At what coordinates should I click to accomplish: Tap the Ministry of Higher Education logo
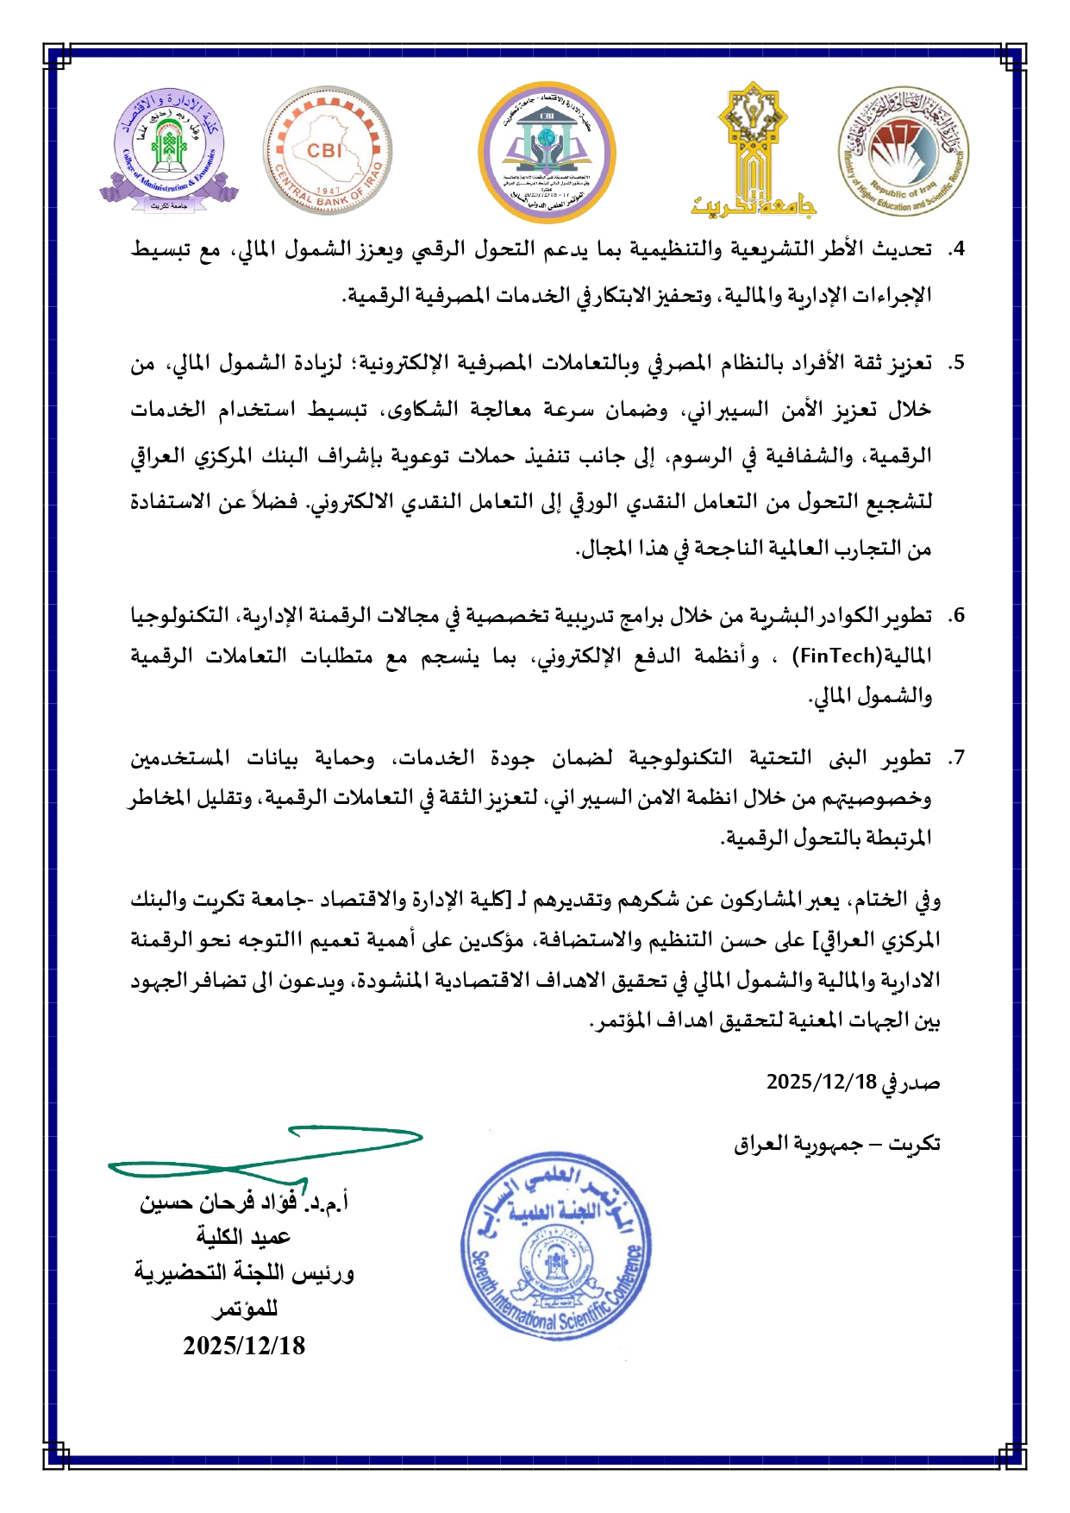tap(904, 150)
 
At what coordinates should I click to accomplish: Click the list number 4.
tap(955, 249)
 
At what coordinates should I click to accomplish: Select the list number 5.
tap(955, 363)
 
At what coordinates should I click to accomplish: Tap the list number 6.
tap(955, 616)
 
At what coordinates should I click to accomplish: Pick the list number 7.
tap(955, 758)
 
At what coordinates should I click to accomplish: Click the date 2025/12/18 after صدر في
tap(822, 1082)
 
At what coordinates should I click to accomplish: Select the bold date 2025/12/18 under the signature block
tap(244, 1346)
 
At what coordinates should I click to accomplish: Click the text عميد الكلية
tap(243, 1237)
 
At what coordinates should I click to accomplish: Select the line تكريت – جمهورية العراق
tap(836, 1144)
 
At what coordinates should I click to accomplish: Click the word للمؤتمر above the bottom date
tap(245, 1309)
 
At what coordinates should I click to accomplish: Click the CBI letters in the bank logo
tap(324, 150)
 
